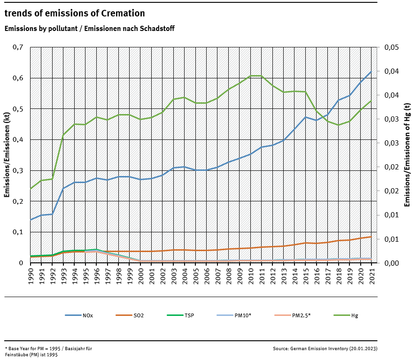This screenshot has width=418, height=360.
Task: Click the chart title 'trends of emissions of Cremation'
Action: click(75, 14)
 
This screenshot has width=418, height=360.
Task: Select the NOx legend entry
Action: click(79, 315)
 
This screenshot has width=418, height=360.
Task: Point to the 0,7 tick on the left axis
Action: click(18, 47)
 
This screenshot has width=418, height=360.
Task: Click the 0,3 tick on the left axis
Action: click(18, 170)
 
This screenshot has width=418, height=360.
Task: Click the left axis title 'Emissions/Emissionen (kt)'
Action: click(7, 155)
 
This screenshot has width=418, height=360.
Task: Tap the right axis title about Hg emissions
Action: click(407, 155)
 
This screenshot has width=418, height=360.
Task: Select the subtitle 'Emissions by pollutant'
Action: click(89, 29)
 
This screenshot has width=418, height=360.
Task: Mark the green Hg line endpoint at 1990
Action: click(31, 189)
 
